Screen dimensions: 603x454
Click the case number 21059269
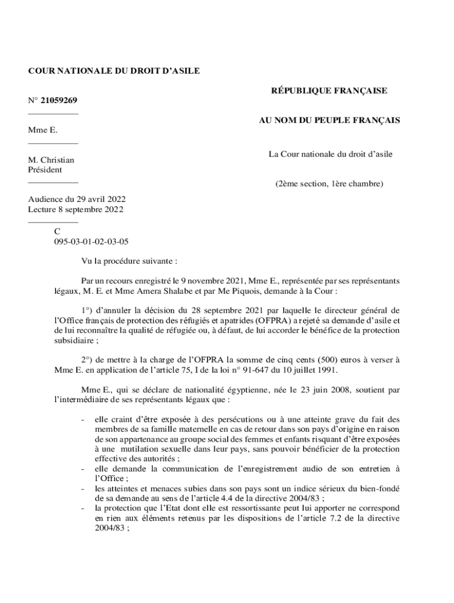tap(59, 101)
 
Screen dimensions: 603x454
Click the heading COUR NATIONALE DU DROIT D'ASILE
tap(114, 71)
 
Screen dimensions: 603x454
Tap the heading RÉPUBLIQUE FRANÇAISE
tap(329, 91)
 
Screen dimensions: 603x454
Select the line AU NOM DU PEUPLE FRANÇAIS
tap(330, 120)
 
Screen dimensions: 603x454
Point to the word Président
tap(45, 170)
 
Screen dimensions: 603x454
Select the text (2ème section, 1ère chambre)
tap(330, 184)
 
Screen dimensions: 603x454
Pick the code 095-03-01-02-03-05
tap(91, 241)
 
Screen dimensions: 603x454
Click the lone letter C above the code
tap(57, 232)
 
